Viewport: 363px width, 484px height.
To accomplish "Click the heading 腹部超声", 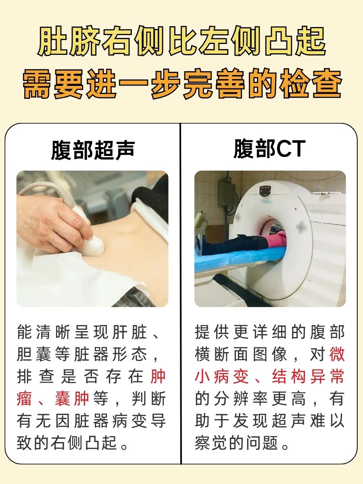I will (92, 150).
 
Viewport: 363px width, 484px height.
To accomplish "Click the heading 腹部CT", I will (269, 150).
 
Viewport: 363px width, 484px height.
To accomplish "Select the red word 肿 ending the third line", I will (158, 377).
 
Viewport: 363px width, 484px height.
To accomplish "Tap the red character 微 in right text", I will (337, 355).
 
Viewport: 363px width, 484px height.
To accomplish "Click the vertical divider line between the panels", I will (181, 294).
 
